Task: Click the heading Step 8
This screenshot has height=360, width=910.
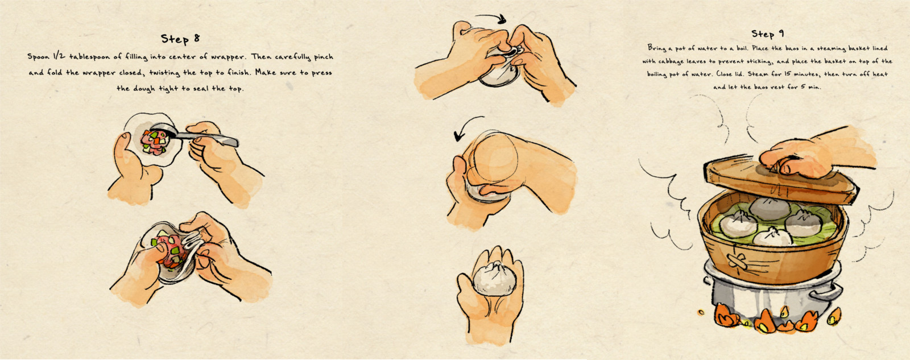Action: click(180, 39)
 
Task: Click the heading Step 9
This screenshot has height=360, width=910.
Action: click(767, 34)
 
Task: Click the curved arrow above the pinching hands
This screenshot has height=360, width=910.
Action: click(491, 18)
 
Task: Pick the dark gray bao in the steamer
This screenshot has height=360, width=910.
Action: click(770, 208)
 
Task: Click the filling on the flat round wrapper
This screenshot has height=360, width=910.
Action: click(154, 142)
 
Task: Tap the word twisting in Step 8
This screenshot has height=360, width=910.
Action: click(164, 73)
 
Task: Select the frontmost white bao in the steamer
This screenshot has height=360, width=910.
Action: click(773, 237)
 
